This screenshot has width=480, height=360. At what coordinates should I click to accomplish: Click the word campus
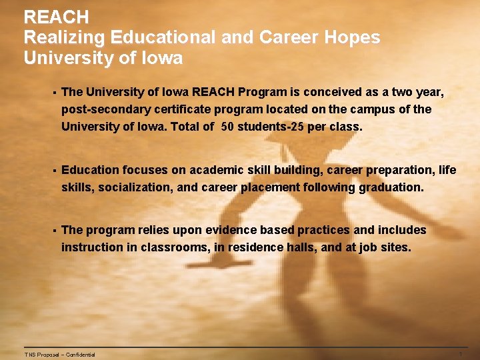click(x=371, y=109)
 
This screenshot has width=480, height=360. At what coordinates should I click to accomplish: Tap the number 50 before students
click(x=227, y=126)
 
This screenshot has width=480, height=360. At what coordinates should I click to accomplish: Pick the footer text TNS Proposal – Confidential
click(x=59, y=355)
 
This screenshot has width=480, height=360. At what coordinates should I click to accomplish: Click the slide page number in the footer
click(x=460, y=354)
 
